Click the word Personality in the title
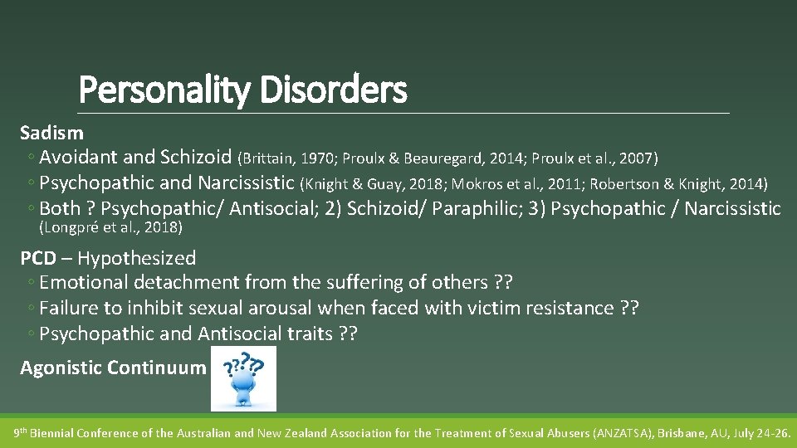pyautogui.click(x=164, y=90)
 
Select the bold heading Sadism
pyautogui.click(x=51, y=133)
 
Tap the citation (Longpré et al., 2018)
pyautogui.click(x=110, y=227)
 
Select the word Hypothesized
pyautogui.click(x=136, y=259)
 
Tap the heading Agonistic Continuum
pyautogui.click(x=113, y=368)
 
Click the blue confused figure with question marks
pyautogui.click(x=243, y=379)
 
